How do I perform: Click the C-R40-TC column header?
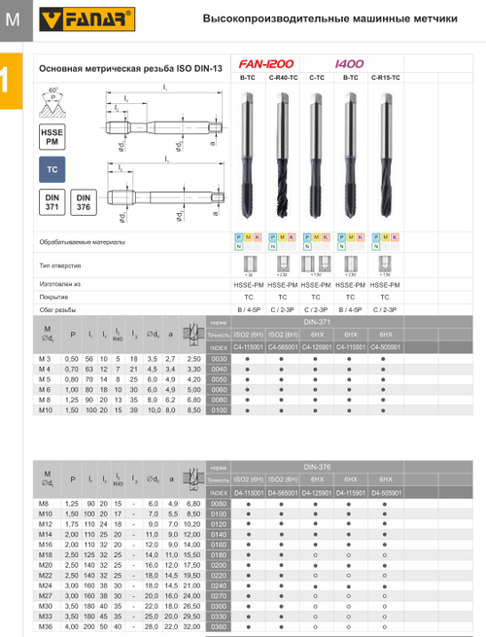point(282,76)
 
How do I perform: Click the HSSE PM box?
point(52,135)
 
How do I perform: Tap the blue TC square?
point(52,171)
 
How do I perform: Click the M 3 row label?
point(44,359)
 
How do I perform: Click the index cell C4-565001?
point(282,346)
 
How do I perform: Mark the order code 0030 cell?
point(219,359)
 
